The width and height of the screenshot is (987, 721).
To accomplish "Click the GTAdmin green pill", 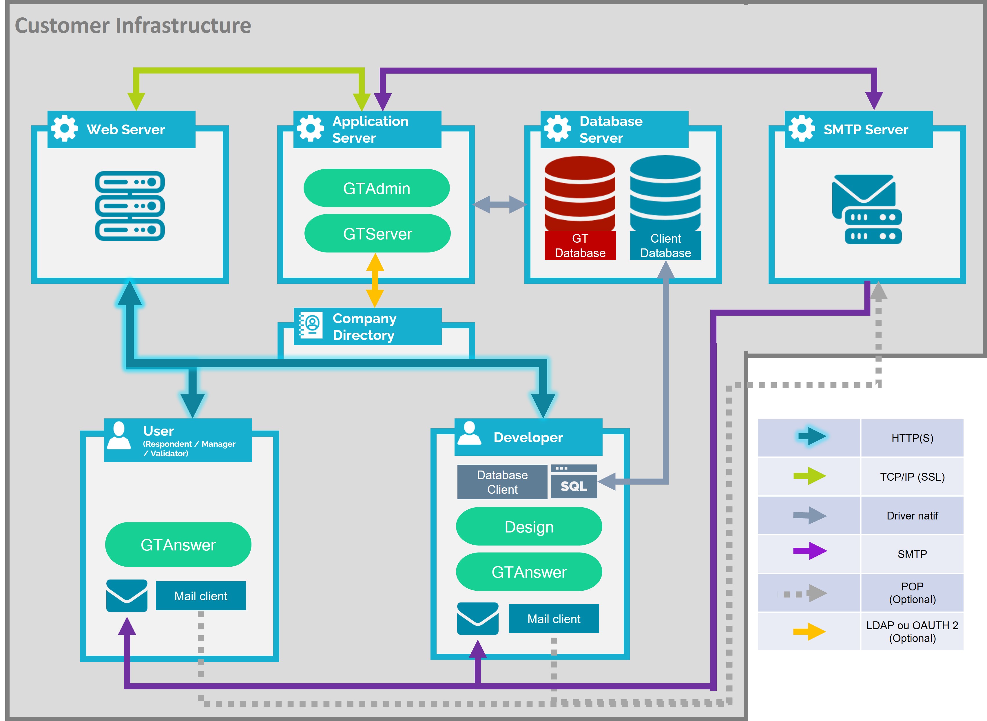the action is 377,188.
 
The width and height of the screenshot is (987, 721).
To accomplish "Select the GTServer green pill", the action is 377,233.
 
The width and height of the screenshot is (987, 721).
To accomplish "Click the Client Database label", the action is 666,246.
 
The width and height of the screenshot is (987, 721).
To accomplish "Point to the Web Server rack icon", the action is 130,206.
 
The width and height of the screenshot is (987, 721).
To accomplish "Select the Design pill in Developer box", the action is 529,527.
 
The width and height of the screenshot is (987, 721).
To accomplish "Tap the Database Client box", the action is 502,482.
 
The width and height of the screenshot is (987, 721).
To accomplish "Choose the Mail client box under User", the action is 201,596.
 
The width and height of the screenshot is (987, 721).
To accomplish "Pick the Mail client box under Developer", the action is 554,618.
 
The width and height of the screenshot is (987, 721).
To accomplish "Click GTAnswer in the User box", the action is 178,545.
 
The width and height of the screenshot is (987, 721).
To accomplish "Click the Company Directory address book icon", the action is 311,325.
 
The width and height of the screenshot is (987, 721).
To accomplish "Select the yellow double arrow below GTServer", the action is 375,280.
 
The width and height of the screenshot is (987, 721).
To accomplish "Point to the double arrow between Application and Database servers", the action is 500,204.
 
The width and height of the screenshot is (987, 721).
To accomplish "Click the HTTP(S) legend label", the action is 912,438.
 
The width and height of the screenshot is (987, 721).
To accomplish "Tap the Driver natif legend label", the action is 912,515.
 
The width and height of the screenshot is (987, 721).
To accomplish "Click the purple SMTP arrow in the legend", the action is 810,551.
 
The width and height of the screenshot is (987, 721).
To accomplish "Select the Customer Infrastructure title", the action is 133,25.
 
